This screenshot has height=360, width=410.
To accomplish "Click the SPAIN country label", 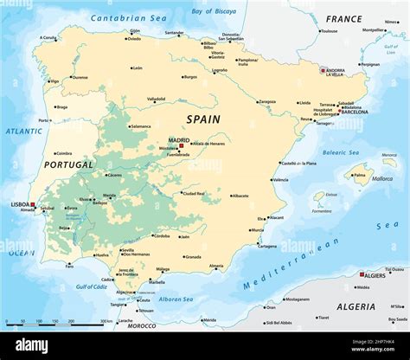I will coord(203,119).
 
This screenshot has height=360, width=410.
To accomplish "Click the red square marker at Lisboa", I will coord(34,205).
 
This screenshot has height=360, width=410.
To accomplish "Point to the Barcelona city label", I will coord(355,112).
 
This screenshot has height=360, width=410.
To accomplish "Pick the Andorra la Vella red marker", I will coord(324,70).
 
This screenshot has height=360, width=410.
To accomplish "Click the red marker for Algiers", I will coord(362,273).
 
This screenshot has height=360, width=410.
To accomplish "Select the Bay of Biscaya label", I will coord(213,10).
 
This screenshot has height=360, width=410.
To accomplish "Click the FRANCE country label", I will coord(344,18).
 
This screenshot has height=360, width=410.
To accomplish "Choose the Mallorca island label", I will coord(381,179).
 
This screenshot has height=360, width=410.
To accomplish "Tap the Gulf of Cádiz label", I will coord(91,286).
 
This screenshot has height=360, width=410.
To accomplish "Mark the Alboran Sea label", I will coord(176,299).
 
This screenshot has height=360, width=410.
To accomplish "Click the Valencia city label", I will coord(280,180).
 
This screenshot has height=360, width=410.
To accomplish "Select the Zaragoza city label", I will coord(267,101).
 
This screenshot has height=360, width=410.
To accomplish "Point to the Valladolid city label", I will coord(156,99).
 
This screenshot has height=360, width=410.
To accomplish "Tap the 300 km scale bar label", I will coord(106,321).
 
